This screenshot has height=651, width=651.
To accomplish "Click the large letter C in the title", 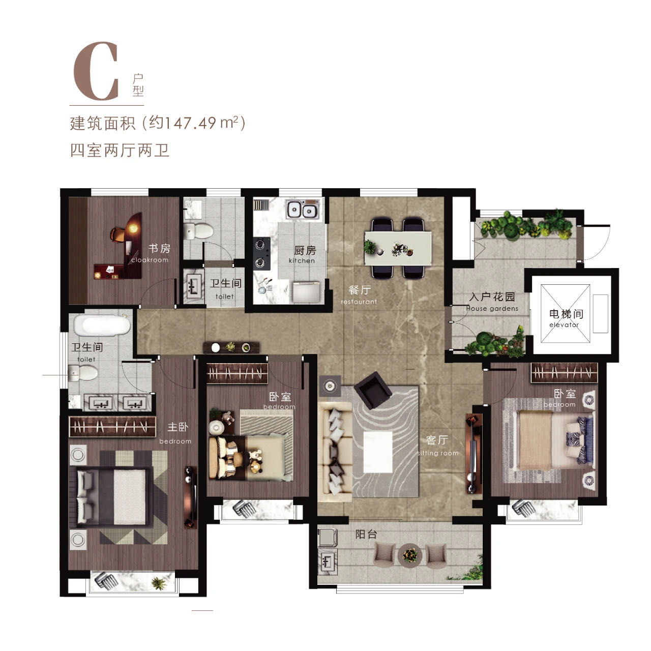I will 97,72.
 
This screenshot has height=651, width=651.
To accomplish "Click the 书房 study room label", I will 159,249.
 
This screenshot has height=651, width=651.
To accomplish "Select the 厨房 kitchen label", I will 305,251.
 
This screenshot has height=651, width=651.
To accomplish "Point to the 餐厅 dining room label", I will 359,290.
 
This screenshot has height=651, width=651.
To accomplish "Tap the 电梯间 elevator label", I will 566,314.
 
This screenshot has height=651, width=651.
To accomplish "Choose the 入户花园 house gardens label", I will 492,297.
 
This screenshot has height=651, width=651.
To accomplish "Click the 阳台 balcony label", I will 366,535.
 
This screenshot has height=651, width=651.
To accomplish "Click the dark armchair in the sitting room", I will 373,390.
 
